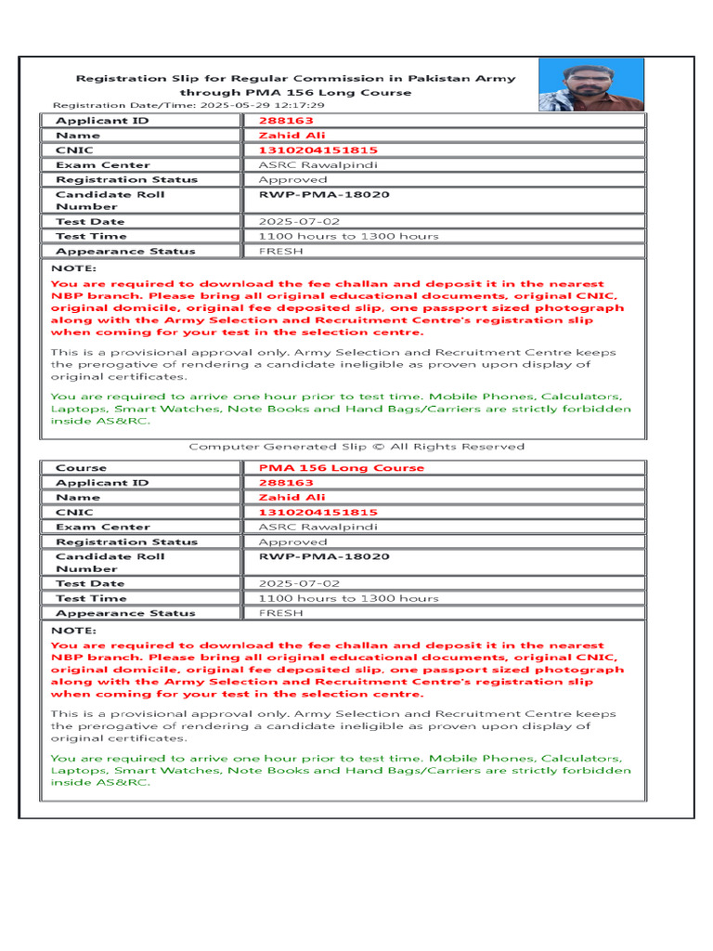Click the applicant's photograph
point(590,85)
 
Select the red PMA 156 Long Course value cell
point(341,468)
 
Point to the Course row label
point(82,468)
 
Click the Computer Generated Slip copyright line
point(356,447)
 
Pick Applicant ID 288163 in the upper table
point(286,121)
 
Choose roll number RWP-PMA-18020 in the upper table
point(324,195)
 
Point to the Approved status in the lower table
point(292,542)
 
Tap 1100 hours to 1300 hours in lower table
point(348,598)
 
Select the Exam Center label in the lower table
point(102,528)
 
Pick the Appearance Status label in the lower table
point(125,613)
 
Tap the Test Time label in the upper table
point(91,237)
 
